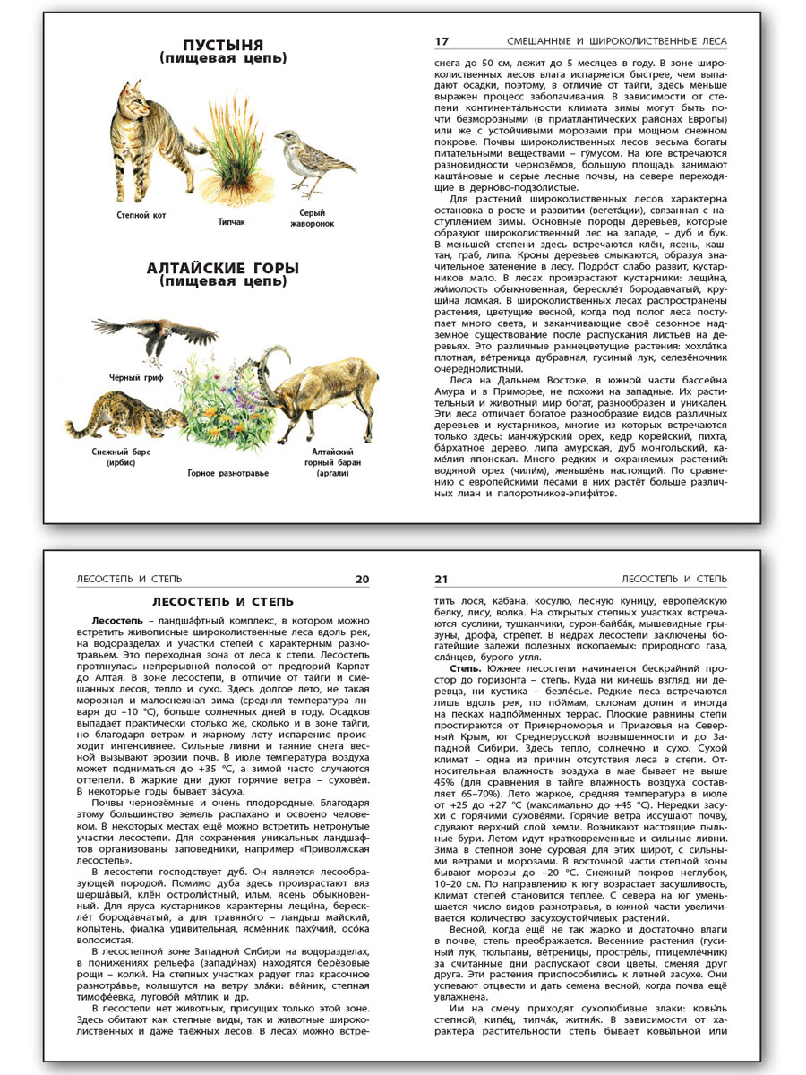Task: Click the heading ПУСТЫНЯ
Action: (223, 45)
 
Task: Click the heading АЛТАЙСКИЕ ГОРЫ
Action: (223, 269)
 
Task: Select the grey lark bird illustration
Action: (304, 161)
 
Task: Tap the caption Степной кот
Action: (141, 215)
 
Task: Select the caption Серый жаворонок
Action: (305, 218)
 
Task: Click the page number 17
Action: (441, 41)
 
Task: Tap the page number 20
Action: (362, 579)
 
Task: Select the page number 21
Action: (441, 579)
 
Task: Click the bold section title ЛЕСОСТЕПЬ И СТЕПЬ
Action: (223, 602)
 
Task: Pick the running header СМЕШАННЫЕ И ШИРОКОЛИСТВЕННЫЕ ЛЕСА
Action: (617, 41)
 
